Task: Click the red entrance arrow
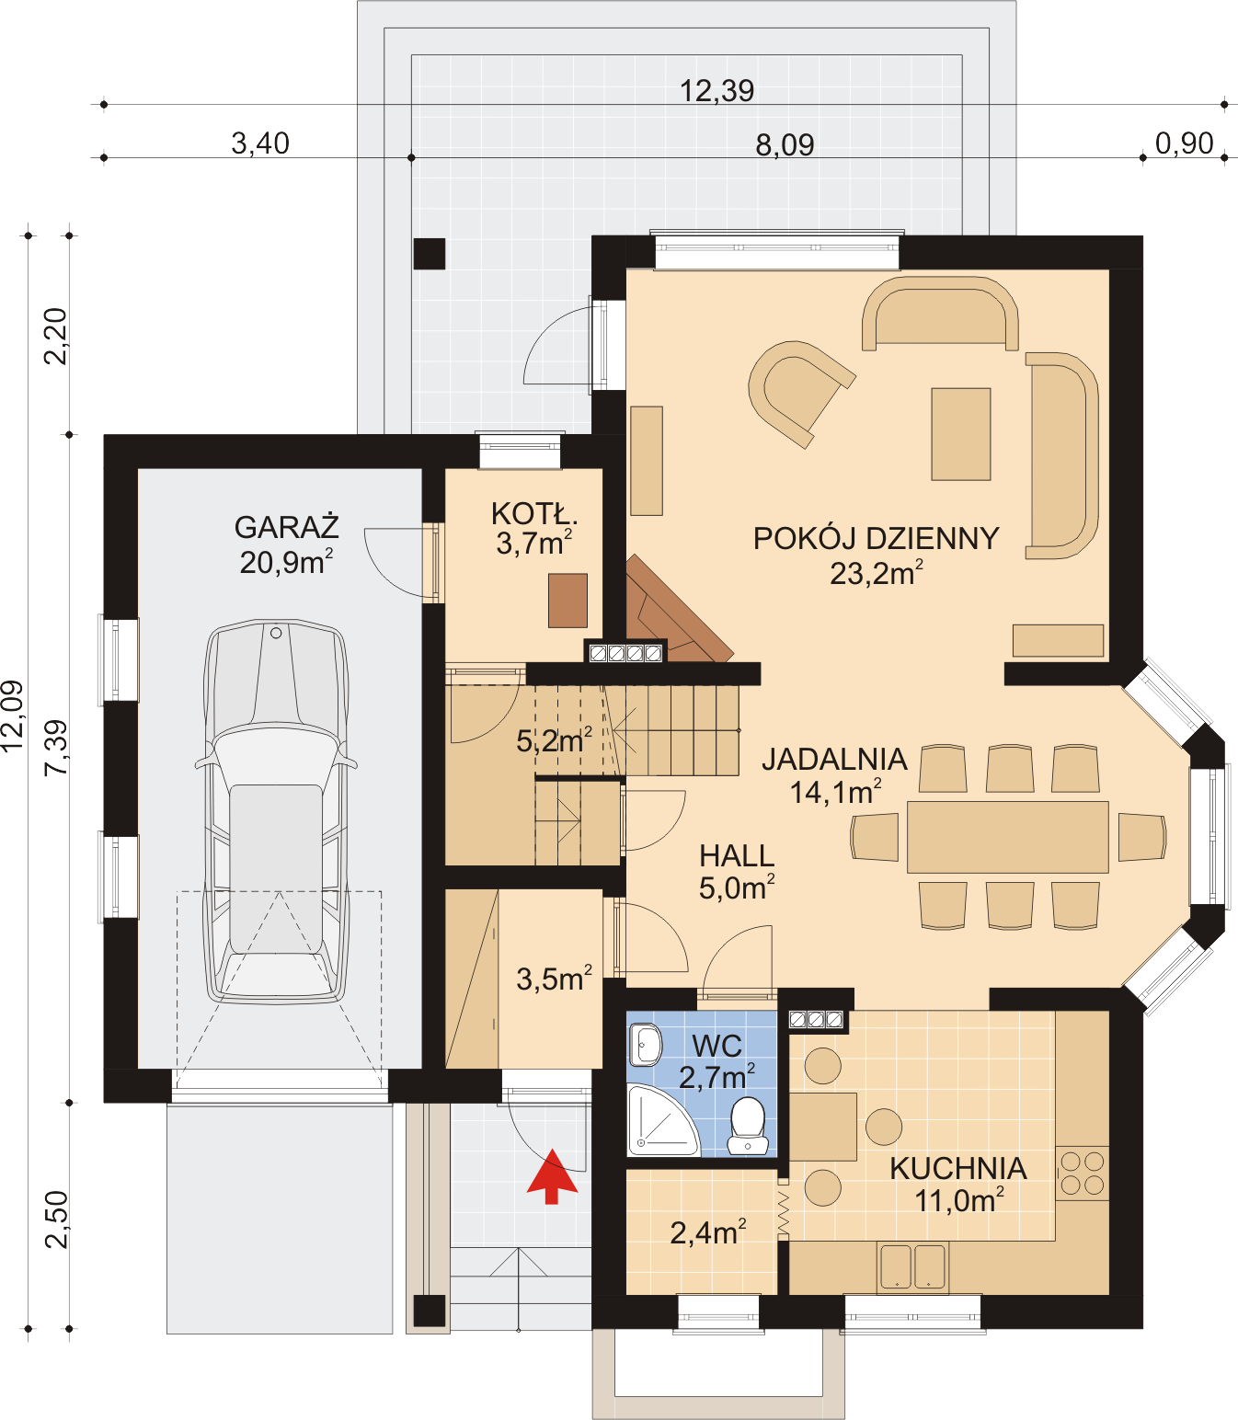click(x=552, y=1175)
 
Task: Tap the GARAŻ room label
click(x=287, y=528)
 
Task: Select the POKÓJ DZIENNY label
click(x=876, y=539)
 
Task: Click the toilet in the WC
click(x=748, y=1125)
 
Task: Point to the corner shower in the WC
click(x=659, y=1122)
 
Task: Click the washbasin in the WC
click(x=646, y=1045)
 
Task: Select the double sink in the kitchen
click(x=911, y=1266)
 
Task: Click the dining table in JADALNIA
click(x=1008, y=837)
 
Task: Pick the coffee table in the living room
click(x=960, y=434)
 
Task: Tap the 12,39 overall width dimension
click(x=716, y=91)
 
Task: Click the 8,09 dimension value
click(x=785, y=145)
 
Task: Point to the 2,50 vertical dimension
click(x=57, y=1220)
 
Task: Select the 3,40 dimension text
click(x=260, y=143)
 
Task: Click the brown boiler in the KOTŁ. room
click(x=567, y=601)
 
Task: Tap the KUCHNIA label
click(x=958, y=1169)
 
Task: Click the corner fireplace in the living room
click(x=670, y=614)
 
